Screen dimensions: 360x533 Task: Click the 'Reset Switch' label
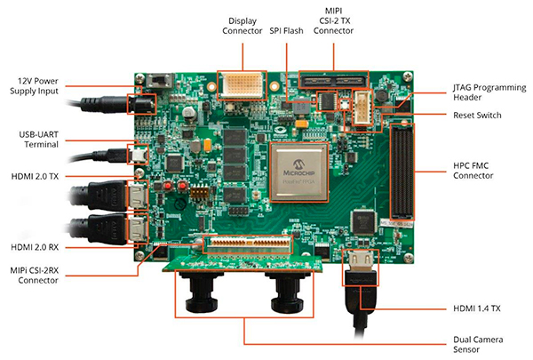click(x=476, y=116)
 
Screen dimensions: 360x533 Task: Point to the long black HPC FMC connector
click(x=402, y=174)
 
